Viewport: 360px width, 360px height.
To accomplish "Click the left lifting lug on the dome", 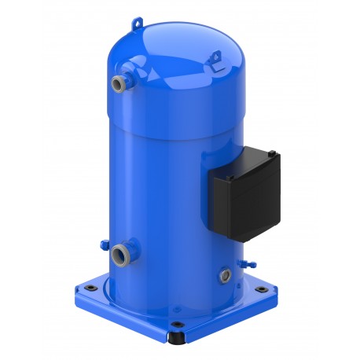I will (138, 25).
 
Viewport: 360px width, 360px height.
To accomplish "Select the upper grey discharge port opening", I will (117, 83).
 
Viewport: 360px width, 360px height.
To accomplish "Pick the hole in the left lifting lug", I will (138, 24).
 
